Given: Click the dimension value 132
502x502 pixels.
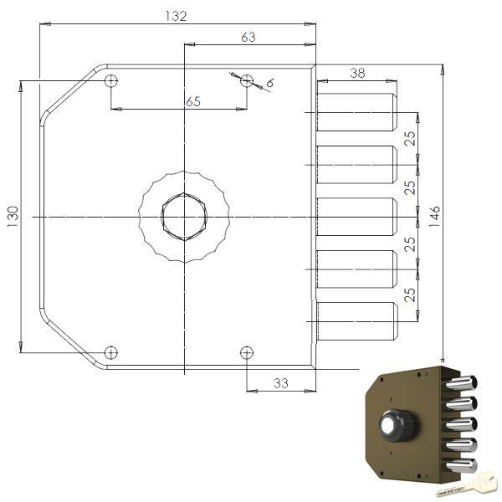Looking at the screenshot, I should point(176,16).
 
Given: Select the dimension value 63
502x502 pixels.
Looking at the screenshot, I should point(248,36).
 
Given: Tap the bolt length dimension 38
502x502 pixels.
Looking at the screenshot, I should point(357,73).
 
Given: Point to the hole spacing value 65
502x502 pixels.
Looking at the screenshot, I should point(193,101).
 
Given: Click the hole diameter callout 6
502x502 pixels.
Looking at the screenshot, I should point(270,83).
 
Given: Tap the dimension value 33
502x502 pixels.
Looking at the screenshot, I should point(280,383).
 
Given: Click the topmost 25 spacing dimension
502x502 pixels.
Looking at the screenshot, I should point(410,138).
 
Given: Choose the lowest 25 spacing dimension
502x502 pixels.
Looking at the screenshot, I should point(410,295).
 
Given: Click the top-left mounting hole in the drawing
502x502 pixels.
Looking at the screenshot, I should point(111,81).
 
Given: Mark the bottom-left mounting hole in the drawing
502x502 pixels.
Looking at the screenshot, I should point(111,352).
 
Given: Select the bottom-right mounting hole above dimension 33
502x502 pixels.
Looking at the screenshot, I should point(246,352).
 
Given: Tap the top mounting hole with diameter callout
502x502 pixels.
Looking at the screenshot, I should point(246,81).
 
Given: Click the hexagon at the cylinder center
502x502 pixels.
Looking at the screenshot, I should point(183,217).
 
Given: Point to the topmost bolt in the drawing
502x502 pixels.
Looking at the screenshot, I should point(356,112).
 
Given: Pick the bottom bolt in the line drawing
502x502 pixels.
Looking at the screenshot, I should point(356,321).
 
